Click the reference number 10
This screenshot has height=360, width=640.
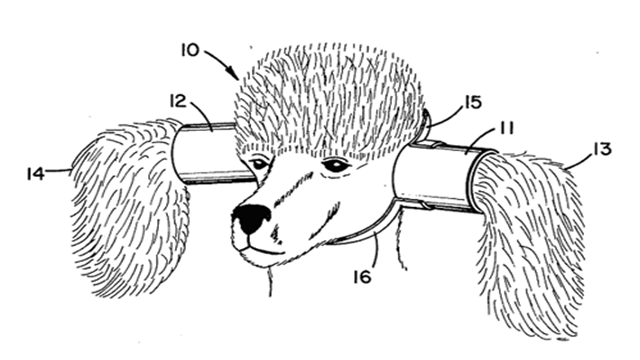coord(190,50)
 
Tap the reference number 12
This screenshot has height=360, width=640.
coord(178,101)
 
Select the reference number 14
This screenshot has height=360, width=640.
coord(35,173)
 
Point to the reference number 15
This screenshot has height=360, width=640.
coord(473,102)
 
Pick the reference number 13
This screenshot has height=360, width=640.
coord(603,149)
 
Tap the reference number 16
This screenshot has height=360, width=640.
coord(362,277)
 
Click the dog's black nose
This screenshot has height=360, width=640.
coord(251,218)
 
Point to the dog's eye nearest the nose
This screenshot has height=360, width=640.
coord(259,164)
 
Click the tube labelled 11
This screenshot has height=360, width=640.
coord(441,176)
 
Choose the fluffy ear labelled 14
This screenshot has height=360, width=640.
coord(129,208)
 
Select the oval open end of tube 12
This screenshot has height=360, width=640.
coord(180,153)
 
